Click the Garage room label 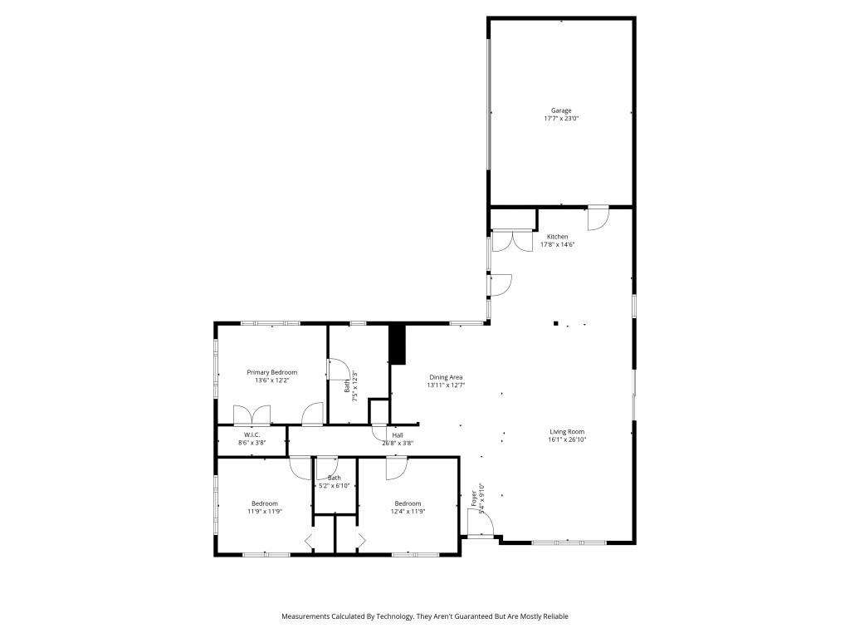[x=561, y=110]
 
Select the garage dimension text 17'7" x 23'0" [x=561, y=119]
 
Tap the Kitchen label [x=557, y=237]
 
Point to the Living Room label [x=567, y=431]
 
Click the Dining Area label [x=446, y=377]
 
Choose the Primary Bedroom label [x=271, y=372]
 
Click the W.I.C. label [x=252, y=435]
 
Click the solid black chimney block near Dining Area [x=397, y=344]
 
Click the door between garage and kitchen [x=598, y=218]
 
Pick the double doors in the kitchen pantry [x=512, y=241]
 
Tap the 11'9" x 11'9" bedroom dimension [x=265, y=512]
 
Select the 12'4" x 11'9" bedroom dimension [x=408, y=512]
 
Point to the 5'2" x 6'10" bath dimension [x=334, y=486]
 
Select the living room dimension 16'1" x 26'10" [x=567, y=439]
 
